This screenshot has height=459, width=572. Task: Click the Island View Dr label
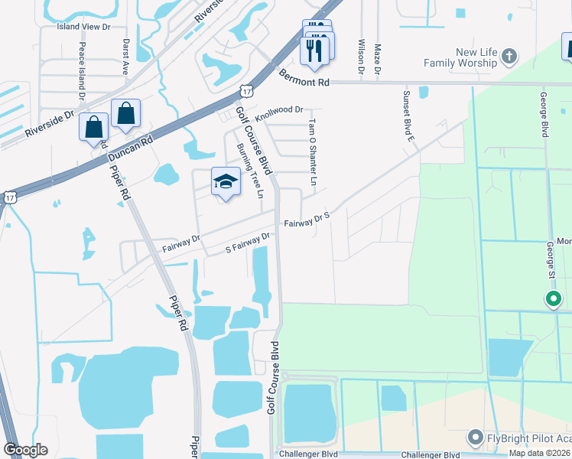pyautogui.click(x=84, y=26)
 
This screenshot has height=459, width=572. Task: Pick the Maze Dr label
pyautogui.click(x=378, y=60)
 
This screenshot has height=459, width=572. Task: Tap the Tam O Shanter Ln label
pyautogui.click(x=312, y=151)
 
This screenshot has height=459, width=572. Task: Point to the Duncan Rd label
pyautogui.click(x=131, y=149)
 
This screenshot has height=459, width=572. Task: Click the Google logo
pyautogui.click(x=25, y=450)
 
